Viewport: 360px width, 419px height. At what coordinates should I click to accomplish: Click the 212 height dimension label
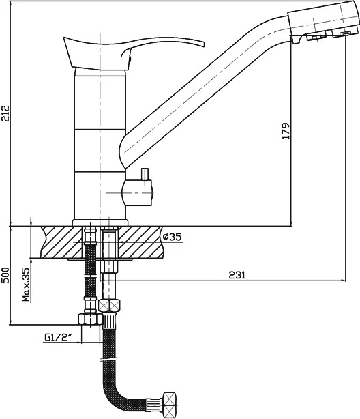(5, 113)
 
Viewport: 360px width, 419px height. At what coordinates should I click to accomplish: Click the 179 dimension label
(286, 131)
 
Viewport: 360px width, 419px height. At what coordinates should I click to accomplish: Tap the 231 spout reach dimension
(237, 275)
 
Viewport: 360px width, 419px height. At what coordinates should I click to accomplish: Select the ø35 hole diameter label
(172, 237)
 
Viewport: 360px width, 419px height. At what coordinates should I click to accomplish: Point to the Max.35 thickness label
(26, 285)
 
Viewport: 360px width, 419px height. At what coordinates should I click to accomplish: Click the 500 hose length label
(5, 275)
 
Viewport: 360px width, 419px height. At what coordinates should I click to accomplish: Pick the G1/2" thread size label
(58, 338)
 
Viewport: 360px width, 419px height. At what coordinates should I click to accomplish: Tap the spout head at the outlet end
(323, 21)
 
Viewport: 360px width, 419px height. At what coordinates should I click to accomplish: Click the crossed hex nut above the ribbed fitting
(109, 306)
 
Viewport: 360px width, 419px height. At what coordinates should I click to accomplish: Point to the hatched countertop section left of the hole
(61, 242)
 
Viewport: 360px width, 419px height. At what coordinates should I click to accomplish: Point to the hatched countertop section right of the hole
(140, 242)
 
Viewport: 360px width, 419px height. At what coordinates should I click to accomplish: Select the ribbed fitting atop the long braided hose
(110, 321)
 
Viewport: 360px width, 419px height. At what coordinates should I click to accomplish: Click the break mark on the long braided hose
(110, 359)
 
